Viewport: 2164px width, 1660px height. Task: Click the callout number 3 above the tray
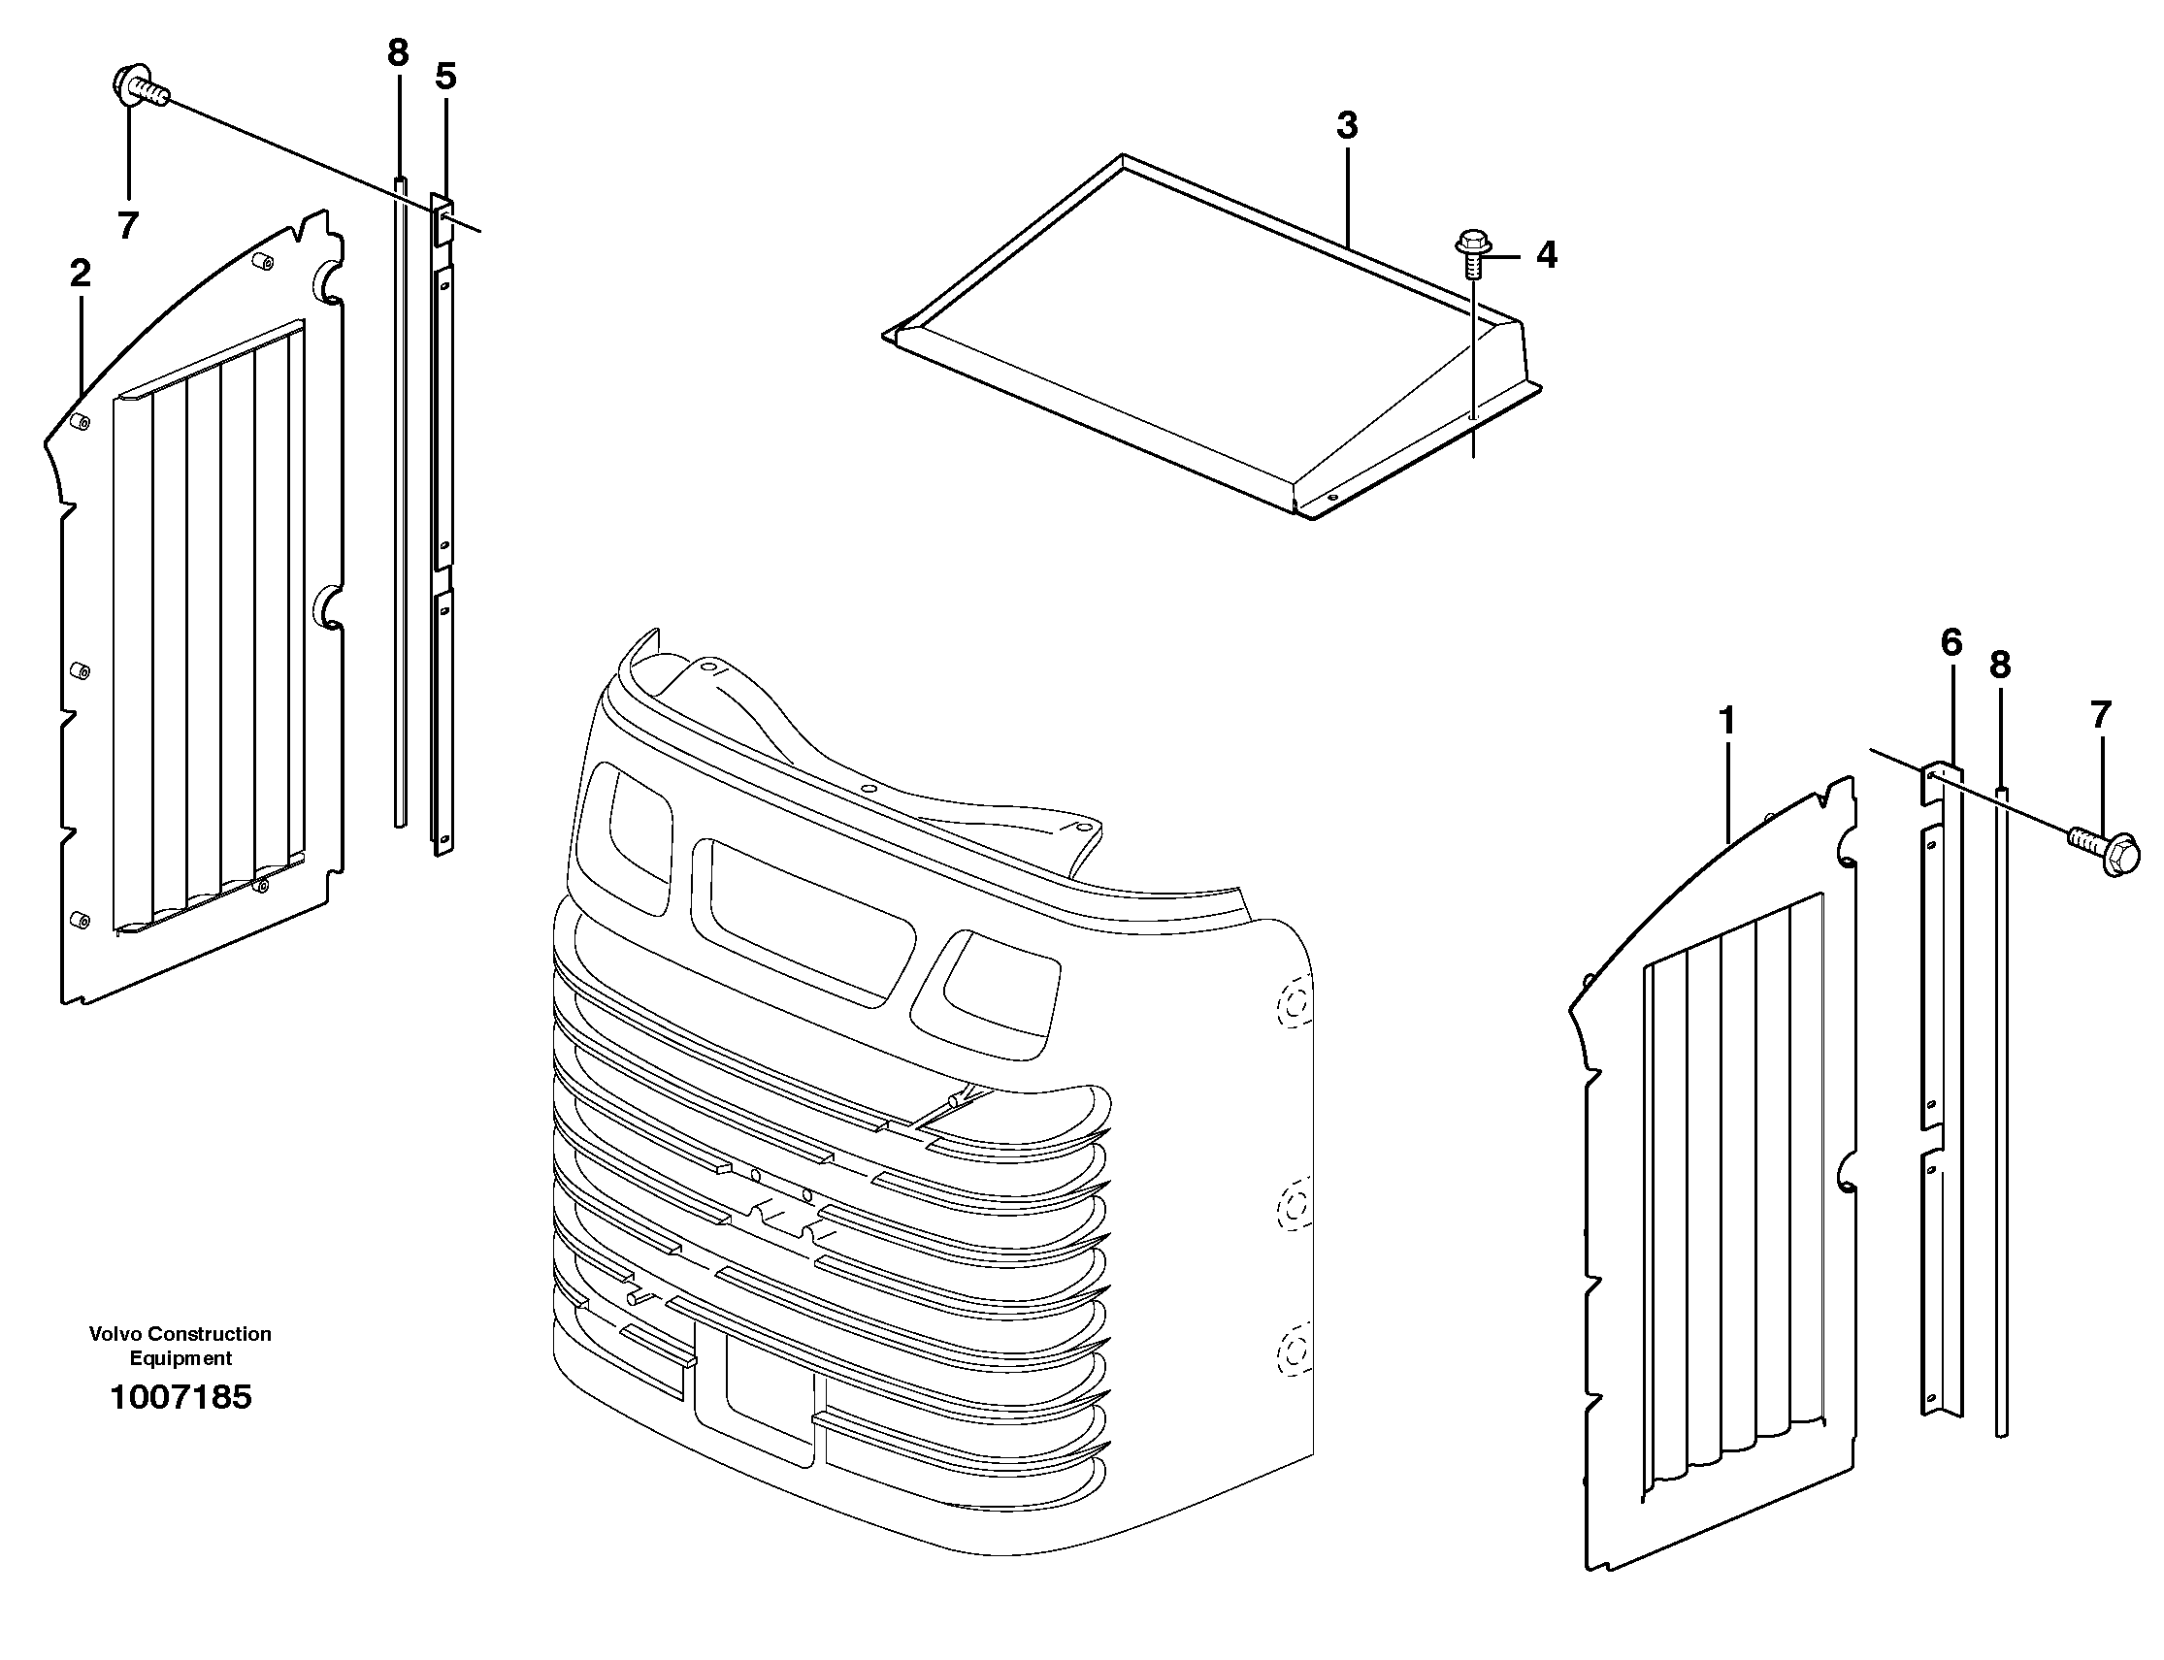(1347, 126)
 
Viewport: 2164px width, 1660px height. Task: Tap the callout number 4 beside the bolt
(1547, 256)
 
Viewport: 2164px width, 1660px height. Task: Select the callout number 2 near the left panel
(80, 274)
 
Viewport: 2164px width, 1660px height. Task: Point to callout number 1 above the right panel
(1727, 721)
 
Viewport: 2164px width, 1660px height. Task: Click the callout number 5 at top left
(445, 77)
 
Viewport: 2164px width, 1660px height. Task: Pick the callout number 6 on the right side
(1951, 643)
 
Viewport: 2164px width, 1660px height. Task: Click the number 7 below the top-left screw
(127, 226)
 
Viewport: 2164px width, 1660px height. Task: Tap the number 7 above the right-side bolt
(2101, 714)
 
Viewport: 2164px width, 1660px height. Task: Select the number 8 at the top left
(397, 53)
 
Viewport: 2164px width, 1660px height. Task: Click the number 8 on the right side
(2000, 666)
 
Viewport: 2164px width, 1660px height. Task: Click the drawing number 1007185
(180, 1397)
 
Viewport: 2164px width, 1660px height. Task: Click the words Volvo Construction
(180, 1334)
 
